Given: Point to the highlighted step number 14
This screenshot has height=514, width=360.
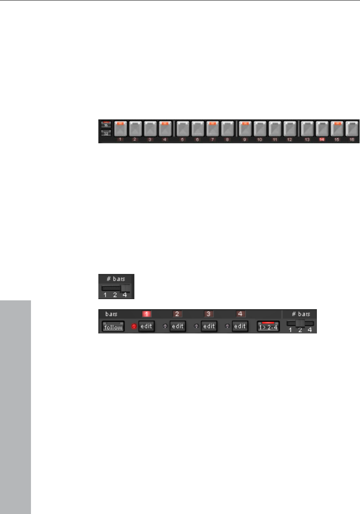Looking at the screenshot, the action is coord(321,140).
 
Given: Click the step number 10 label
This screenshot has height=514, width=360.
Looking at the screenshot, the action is coord(259,140).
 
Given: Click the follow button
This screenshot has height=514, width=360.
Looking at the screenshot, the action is coord(113,327).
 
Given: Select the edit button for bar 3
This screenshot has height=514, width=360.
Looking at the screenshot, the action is coord(209,327).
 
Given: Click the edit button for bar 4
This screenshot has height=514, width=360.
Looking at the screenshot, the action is coord(240,327).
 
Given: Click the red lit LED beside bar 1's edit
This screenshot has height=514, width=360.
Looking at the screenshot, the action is coord(134,327).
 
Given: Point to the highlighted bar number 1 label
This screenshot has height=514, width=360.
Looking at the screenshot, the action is coord(146,313).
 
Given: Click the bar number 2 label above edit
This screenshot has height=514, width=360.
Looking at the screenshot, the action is coord(177,313).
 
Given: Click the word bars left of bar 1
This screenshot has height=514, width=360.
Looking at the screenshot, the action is coord(111,313).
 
